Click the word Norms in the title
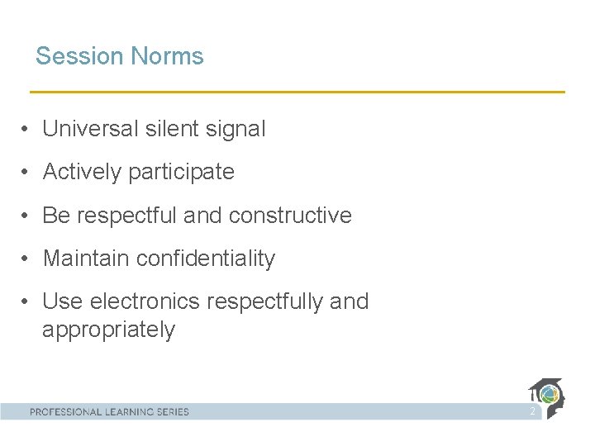[x=165, y=56]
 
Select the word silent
[x=169, y=129]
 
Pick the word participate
[x=184, y=173]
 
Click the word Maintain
[x=86, y=259]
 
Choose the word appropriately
[x=108, y=330]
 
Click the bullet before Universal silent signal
[x=27, y=130]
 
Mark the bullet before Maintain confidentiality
[x=27, y=259]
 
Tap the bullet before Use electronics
[x=27, y=302]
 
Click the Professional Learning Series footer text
[x=110, y=411]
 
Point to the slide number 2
[x=533, y=410]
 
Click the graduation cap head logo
[x=547, y=396]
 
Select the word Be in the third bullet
[x=56, y=216]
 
